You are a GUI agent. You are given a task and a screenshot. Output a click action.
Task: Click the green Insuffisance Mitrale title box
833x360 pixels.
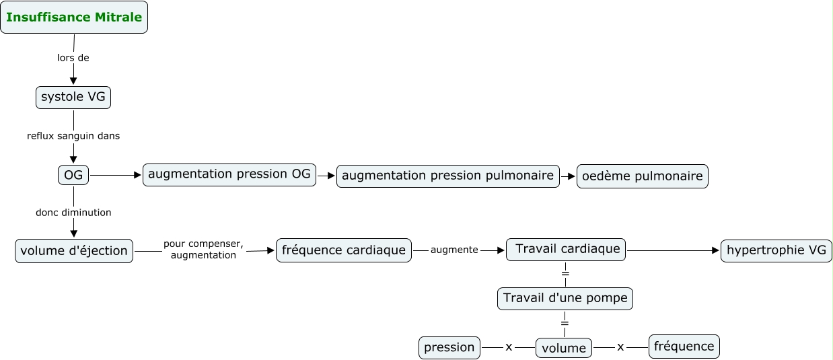coord(74,17)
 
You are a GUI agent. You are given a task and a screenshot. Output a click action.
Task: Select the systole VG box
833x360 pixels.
coord(73,98)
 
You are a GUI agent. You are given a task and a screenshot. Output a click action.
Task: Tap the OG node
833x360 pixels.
coord(73,175)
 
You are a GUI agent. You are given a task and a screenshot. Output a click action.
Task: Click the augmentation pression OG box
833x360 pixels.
coord(229,175)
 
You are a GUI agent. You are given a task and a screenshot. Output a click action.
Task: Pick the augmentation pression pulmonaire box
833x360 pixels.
coord(447,176)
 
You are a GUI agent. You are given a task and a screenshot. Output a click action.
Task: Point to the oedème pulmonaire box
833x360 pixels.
coord(642,176)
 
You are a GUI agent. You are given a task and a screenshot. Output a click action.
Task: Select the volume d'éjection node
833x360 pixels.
coord(74,251)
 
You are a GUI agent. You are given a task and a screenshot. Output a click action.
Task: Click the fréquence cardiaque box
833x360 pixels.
coord(344,250)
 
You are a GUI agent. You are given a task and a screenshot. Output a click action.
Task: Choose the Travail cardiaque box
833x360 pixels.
coord(566,250)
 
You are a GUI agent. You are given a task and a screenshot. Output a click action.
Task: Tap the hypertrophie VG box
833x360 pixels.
coord(776,251)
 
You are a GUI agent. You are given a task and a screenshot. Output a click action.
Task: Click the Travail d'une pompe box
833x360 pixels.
coord(565,299)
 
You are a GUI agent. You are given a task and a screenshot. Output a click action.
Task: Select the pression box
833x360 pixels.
coord(449,348)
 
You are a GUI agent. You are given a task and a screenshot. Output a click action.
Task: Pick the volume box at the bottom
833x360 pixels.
coord(564,348)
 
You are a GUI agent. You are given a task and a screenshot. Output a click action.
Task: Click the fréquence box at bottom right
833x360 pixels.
coord(684,347)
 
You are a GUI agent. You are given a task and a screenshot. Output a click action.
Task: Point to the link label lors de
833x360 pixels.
coord(73,58)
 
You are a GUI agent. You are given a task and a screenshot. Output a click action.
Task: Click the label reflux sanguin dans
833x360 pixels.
coord(73,136)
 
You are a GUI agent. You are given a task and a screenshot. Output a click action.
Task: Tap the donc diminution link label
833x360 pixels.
coord(73,213)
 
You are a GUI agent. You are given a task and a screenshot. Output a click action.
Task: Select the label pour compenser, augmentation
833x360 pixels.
coord(203,249)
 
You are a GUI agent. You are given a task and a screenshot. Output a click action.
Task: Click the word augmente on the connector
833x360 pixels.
coord(454,250)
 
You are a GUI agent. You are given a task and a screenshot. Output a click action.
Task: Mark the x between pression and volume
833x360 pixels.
coord(509,347)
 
